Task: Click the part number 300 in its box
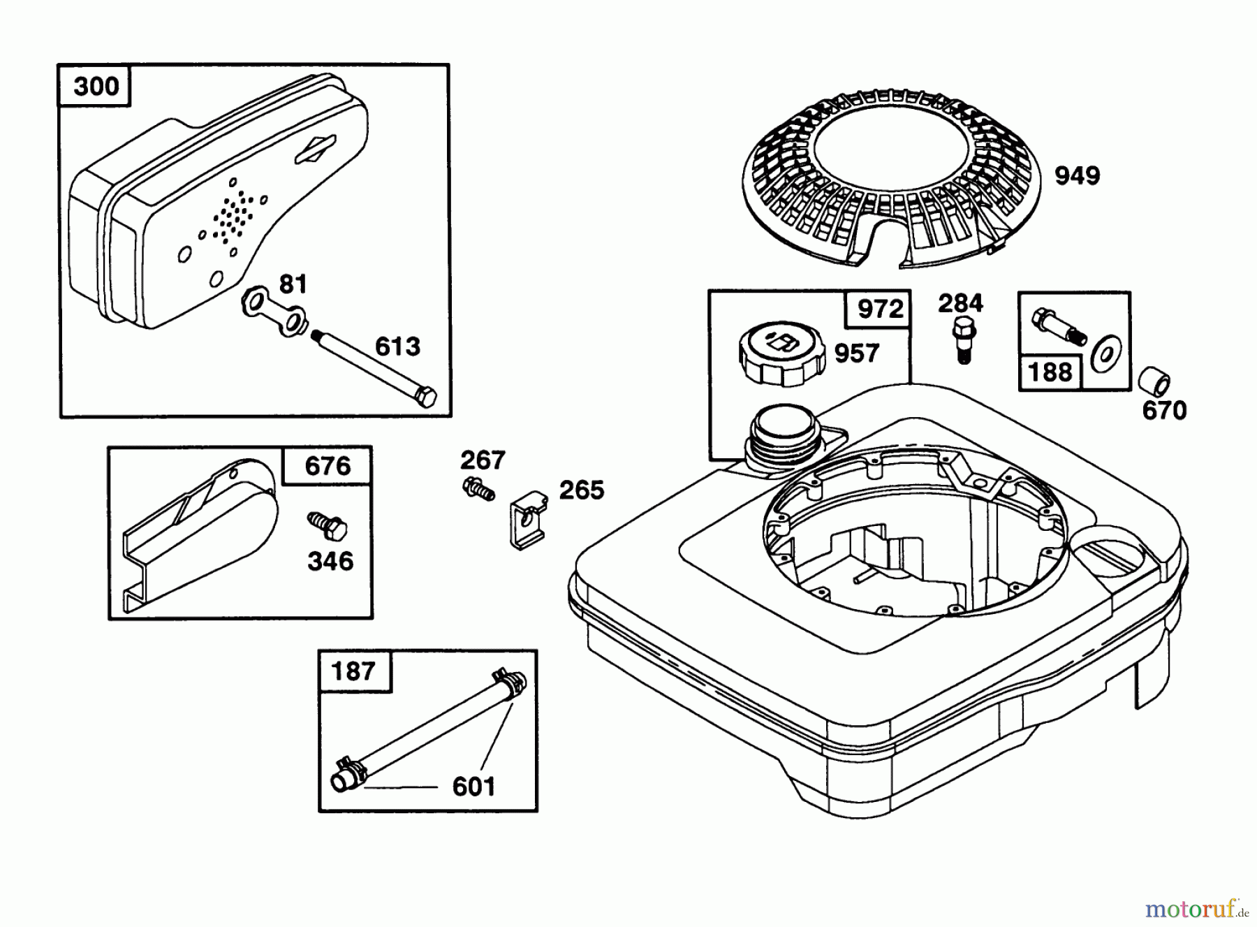(x=96, y=87)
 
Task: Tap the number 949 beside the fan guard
(x=1077, y=175)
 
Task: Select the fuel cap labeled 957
(x=781, y=355)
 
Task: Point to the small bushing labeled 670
(x=1154, y=384)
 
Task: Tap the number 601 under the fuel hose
(x=473, y=787)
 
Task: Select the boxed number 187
(x=353, y=671)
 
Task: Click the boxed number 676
(x=328, y=466)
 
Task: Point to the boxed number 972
(x=879, y=309)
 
